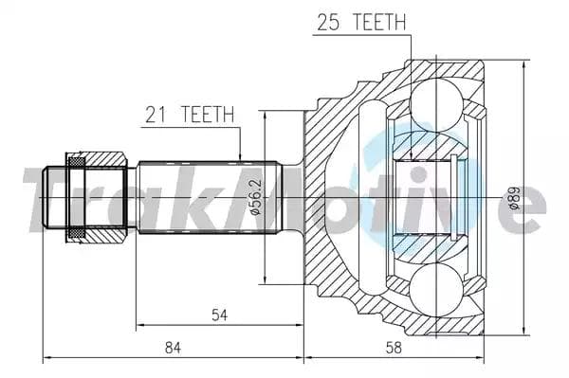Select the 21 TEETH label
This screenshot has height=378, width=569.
(x=189, y=116)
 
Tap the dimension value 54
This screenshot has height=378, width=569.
(x=218, y=315)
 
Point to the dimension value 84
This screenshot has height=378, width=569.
(x=173, y=348)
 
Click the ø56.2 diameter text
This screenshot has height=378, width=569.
(x=254, y=198)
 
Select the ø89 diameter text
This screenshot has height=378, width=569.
(x=513, y=198)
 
